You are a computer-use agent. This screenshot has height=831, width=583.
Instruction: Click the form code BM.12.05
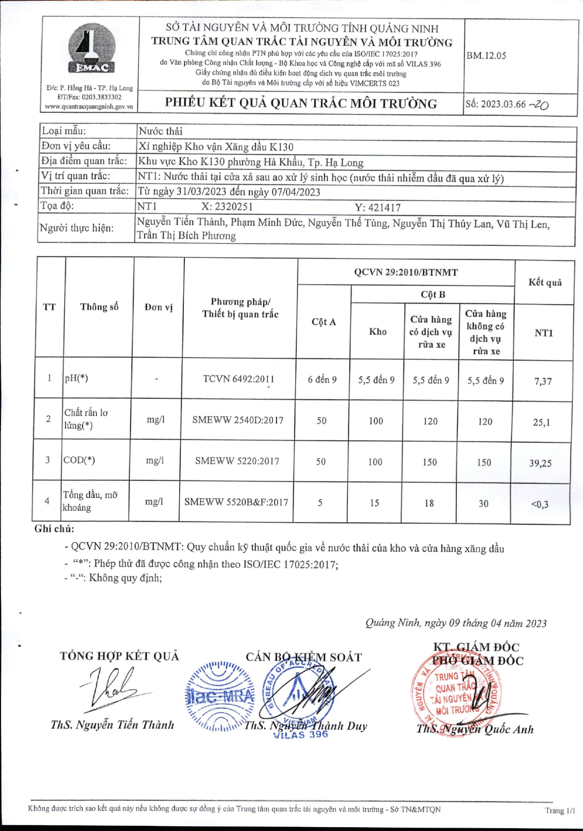click(x=486, y=56)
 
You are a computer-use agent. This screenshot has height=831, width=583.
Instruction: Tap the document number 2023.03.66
click(x=503, y=104)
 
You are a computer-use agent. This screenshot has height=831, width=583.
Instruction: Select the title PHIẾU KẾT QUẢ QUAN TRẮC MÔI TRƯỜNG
click(x=301, y=103)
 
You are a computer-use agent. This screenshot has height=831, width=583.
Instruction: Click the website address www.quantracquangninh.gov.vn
click(x=89, y=107)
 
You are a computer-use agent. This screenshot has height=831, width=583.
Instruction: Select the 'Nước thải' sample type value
click(x=160, y=131)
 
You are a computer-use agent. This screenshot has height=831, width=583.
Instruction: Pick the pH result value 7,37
click(x=543, y=381)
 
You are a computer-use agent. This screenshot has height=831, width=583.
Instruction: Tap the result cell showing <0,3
click(x=540, y=504)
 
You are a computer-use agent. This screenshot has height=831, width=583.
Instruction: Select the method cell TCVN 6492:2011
click(x=238, y=379)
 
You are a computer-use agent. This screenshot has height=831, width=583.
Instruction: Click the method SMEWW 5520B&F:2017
click(x=236, y=502)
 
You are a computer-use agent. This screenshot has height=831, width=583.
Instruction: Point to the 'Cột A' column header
click(x=324, y=322)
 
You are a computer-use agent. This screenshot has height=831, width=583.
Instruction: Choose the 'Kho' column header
click(x=377, y=332)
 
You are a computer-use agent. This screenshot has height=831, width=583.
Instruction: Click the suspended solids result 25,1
click(x=541, y=422)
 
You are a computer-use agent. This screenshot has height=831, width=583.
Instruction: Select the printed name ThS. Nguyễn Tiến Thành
click(x=112, y=725)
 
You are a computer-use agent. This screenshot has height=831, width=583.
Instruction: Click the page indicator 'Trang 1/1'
click(x=560, y=810)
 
